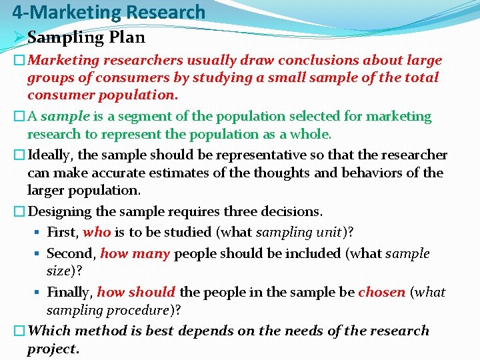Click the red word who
[x=97, y=233]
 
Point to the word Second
[x=71, y=253]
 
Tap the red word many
[x=151, y=253]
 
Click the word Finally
[x=69, y=292]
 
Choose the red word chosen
[x=381, y=292]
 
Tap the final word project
[x=52, y=349]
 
